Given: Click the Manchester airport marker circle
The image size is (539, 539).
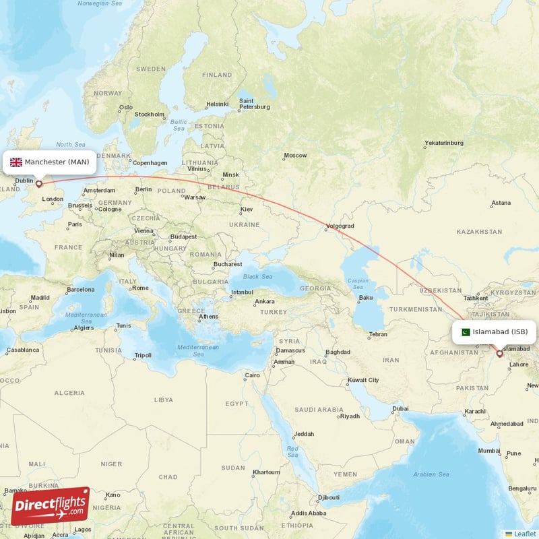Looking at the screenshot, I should pyautogui.click(x=38, y=183).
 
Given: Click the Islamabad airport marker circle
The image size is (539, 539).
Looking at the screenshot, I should pyautogui.click(x=499, y=352).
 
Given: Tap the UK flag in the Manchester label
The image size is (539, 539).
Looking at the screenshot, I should pyautogui.click(x=16, y=162).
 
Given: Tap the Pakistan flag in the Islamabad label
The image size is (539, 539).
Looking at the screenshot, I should pyautogui.click(x=465, y=331).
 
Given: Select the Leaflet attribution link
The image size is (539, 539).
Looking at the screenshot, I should pyautogui.click(x=524, y=534).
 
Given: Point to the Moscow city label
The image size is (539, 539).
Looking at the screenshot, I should pyautogui.click(x=295, y=156).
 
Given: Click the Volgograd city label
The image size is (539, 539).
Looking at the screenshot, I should pyautogui.click(x=340, y=226).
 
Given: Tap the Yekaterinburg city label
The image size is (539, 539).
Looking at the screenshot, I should pyautogui.click(x=444, y=143).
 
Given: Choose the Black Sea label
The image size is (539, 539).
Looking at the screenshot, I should pyautogui.click(x=257, y=276).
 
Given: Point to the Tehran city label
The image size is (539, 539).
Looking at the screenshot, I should pyautogui.click(x=378, y=334).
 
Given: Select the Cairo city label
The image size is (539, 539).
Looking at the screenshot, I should pyautogui.click(x=252, y=375).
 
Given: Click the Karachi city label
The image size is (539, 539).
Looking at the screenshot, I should pyautogui.click(x=475, y=411).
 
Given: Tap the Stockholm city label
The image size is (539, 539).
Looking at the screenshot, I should pyautogui.click(x=149, y=114).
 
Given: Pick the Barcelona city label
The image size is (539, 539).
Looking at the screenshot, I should pyautogui.click(x=80, y=290).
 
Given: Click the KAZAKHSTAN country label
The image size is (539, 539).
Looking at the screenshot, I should pyautogui.click(x=479, y=232).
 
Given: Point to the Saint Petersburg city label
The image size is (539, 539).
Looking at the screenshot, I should pyautogui.click(x=255, y=103).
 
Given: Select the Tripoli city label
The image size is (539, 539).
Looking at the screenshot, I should pyautogui.click(x=143, y=355).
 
